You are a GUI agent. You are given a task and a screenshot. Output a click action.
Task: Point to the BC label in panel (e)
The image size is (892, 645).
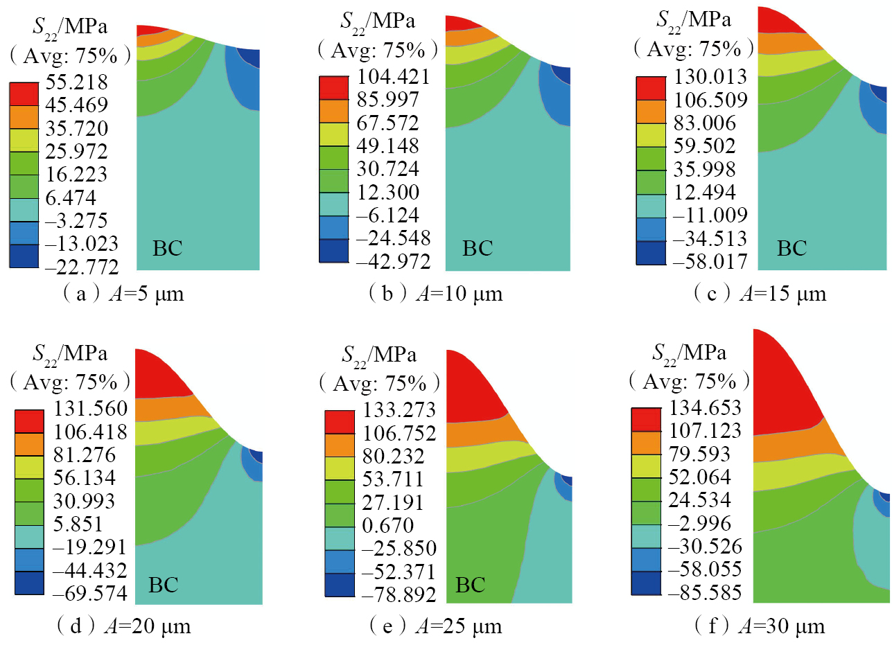click(471, 585)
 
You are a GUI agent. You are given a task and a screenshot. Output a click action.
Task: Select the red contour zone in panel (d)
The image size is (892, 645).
click(159, 374)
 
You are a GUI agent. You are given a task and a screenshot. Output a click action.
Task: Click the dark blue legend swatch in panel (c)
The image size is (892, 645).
click(650, 252)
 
